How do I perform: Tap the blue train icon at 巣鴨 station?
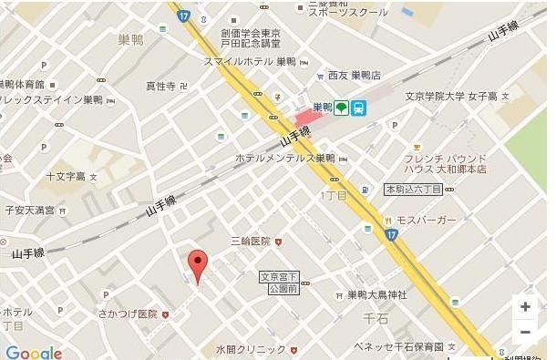359,108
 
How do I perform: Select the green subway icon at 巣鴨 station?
341,108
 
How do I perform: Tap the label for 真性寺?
160,87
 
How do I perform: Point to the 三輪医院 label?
251,242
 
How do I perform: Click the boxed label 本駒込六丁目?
413,190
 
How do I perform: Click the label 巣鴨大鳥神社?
376,295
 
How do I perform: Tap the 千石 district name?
376,319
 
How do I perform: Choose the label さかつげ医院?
128,314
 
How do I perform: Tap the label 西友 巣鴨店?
354,75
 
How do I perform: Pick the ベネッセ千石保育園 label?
399,347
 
